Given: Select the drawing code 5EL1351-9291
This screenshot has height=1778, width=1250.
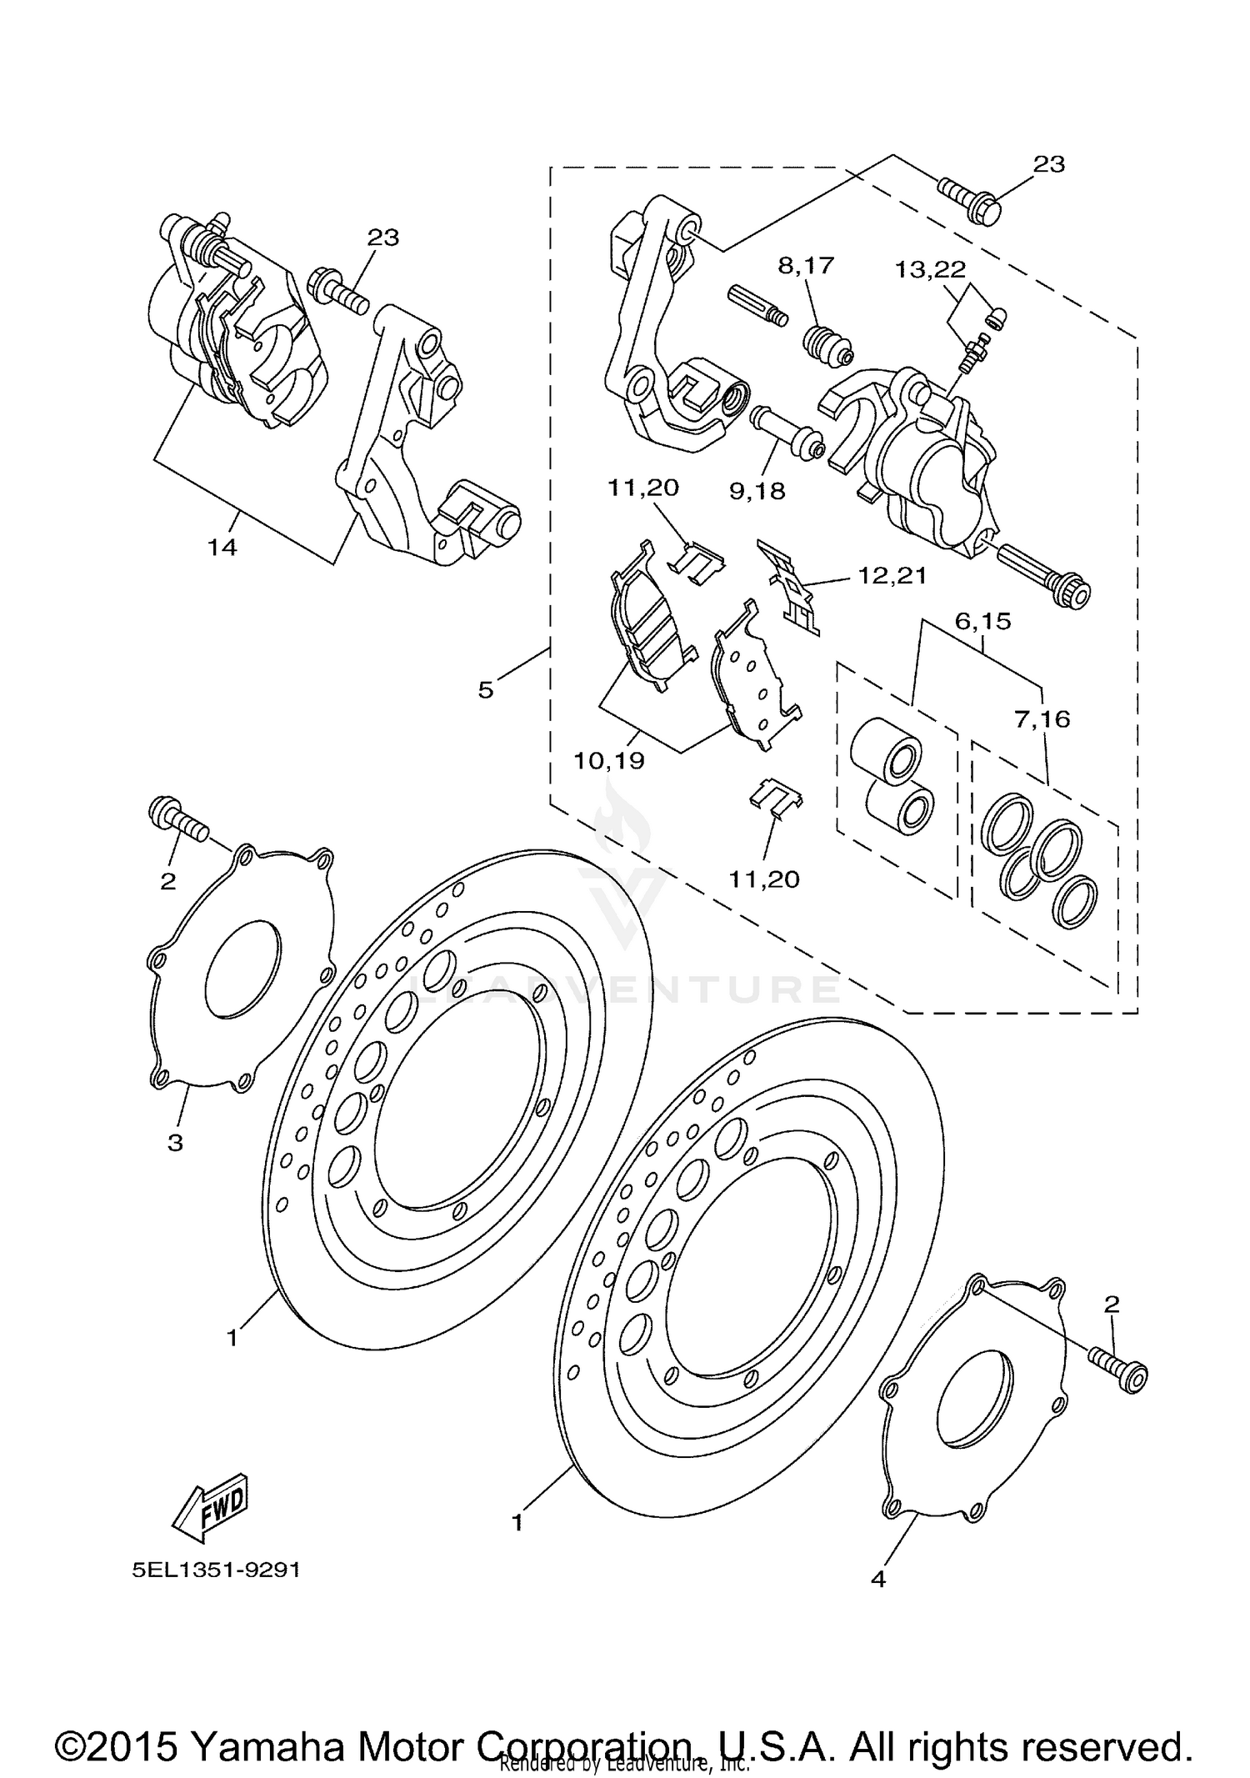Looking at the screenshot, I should pos(216,1570).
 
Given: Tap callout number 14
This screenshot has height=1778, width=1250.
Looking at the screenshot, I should pos(222,548).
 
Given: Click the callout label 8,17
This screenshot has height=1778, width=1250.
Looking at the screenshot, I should pos(805,266).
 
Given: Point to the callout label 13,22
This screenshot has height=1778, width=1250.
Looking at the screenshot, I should pos(930,270).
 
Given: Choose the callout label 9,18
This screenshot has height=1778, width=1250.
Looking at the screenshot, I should pos(757,491).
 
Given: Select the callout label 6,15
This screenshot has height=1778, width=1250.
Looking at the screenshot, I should pos(982,621).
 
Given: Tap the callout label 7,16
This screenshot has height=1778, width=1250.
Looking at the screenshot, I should pos(1042,718).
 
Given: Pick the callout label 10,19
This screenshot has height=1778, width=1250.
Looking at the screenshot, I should pos(608,760).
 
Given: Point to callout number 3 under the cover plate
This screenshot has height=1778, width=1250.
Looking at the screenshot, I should pos(175,1143).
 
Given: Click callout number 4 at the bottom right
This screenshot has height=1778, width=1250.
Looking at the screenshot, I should pos(877,1579).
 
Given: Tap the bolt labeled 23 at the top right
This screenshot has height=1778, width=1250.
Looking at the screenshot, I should pos(968,197).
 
